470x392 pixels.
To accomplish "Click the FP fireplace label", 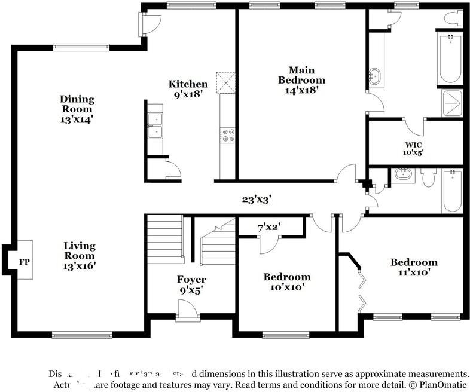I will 24,262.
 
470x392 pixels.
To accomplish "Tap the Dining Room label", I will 77,109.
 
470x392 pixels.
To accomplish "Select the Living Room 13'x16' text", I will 80,255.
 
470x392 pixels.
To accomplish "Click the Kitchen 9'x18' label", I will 188,89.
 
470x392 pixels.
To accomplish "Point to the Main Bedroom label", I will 301,80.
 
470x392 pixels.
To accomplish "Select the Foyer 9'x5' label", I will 191,284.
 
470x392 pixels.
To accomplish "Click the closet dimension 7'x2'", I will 269,226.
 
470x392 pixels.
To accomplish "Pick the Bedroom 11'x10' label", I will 414,267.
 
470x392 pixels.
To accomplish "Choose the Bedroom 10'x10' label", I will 287,281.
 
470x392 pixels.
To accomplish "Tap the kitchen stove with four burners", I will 228,136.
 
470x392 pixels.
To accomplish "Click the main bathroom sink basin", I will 375,76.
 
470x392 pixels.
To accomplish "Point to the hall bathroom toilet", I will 428,177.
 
